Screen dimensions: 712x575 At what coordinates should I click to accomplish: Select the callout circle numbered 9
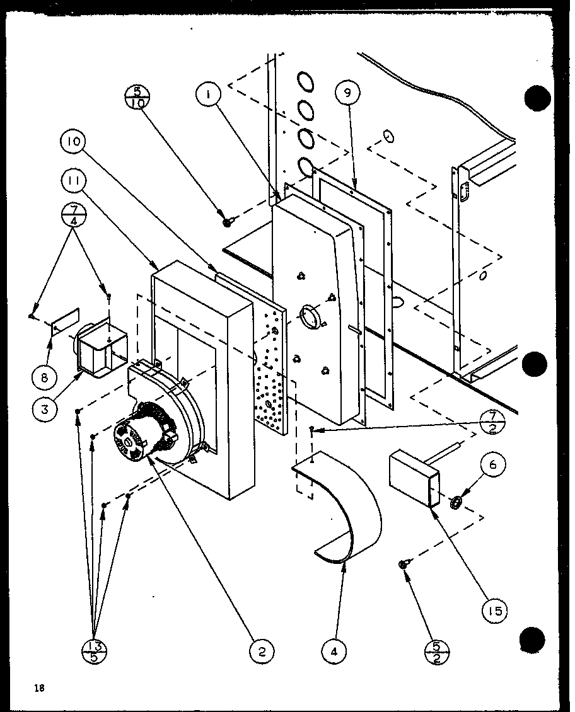coord(347,94)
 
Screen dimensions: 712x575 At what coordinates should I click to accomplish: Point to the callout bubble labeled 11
coord(74,183)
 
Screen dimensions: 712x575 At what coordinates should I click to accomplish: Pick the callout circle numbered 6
coord(493,466)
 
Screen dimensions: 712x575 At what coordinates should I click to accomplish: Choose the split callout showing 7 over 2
coord(492,423)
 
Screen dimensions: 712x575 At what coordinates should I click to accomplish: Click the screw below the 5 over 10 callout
coord(227,221)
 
